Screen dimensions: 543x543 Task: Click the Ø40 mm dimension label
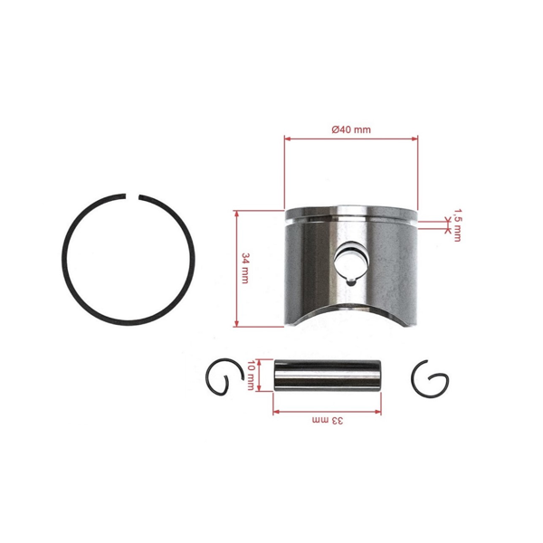tap(351, 129)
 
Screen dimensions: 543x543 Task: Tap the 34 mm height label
tap(245, 269)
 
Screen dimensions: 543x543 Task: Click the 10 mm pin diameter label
tap(252, 374)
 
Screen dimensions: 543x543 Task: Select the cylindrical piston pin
tap(328, 374)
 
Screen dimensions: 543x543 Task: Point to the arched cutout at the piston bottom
tap(351, 319)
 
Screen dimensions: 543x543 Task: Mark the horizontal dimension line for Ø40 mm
tap(351, 138)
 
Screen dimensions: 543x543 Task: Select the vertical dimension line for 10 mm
tap(260, 374)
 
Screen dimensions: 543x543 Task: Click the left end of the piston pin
tap(276, 374)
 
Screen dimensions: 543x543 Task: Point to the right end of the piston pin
tap(380, 374)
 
